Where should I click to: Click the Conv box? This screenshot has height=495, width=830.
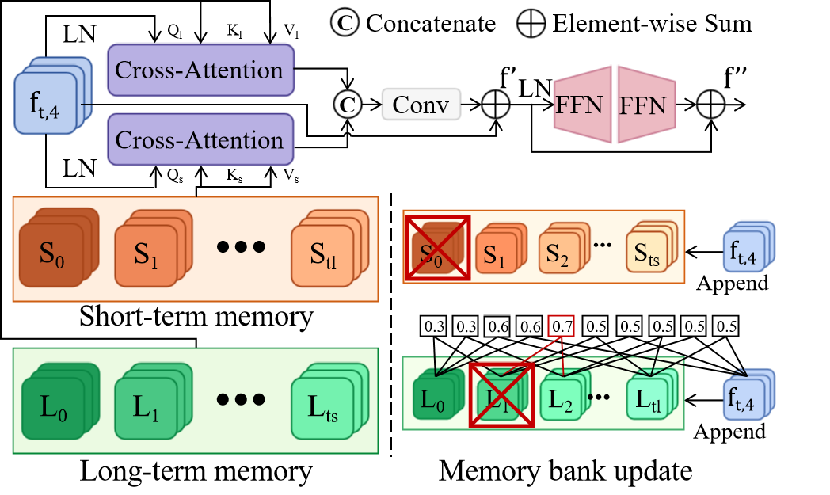[421, 105]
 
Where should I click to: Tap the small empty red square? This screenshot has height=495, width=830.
[561, 326]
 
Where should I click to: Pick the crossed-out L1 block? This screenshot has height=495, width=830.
[501, 394]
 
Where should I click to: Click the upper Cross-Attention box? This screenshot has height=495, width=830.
[200, 70]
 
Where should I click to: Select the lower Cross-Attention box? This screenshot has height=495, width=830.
[200, 140]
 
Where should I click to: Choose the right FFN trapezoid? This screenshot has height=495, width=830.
[645, 105]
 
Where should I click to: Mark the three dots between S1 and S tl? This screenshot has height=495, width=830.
[241, 247]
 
